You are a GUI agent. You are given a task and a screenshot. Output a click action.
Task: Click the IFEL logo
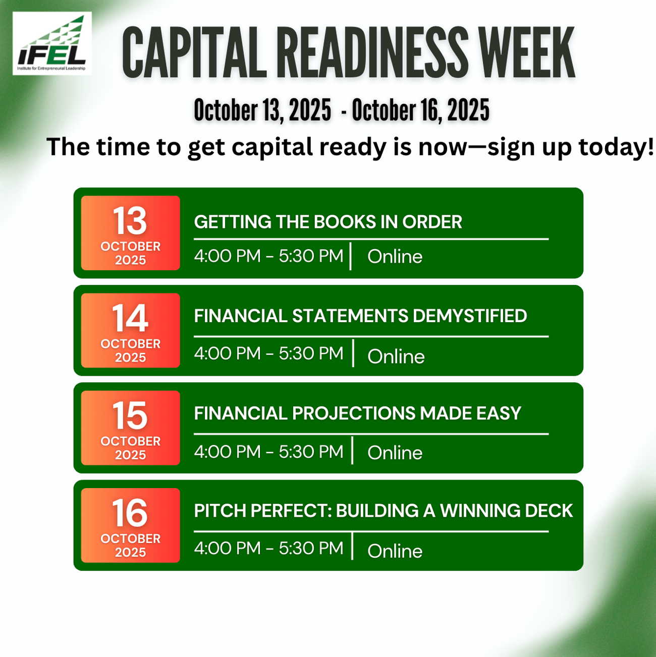tap(52, 44)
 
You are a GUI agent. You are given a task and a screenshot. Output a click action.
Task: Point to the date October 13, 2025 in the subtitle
tap(262, 110)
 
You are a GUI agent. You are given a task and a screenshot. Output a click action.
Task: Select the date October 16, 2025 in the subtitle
tap(420, 110)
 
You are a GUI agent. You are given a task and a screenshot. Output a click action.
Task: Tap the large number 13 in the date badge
tap(130, 221)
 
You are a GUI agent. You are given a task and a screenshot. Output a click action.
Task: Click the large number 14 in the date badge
tap(130, 318)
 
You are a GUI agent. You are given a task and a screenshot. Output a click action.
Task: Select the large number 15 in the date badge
tap(130, 415)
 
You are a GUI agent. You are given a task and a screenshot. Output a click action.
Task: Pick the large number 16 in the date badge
tap(130, 513)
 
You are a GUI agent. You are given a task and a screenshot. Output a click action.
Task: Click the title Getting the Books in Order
tap(328, 222)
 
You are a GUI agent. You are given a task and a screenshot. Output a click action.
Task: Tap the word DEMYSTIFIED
tap(469, 316)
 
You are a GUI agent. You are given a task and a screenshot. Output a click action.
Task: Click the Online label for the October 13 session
tap(395, 257)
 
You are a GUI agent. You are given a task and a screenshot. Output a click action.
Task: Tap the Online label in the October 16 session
tap(395, 551)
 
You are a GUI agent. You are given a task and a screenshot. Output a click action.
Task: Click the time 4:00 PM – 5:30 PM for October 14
tap(268, 353)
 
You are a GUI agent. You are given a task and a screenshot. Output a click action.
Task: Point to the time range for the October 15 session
tap(268, 451)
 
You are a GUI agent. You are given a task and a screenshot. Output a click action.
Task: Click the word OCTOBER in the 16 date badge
tap(130, 539)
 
